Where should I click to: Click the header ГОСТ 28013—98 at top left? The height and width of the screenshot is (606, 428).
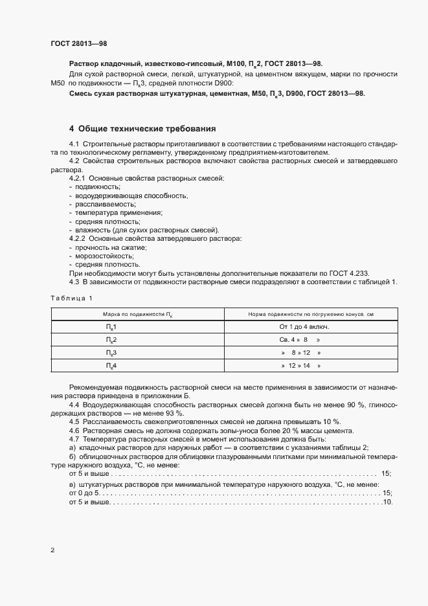[x=78, y=43]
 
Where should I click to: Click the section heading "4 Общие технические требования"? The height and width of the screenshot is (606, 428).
[x=142, y=129]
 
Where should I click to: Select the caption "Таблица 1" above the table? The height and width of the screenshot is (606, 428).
[x=71, y=298]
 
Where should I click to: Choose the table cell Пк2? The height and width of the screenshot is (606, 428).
[x=111, y=339]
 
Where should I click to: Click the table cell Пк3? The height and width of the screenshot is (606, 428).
[x=111, y=353]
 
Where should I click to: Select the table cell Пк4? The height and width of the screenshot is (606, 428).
[x=111, y=366]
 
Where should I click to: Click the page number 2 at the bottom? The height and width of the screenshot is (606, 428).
[x=52, y=550]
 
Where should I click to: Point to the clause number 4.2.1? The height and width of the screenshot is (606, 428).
[x=77, y=177]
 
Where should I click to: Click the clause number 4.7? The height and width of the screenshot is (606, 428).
[x=74, y=439]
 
